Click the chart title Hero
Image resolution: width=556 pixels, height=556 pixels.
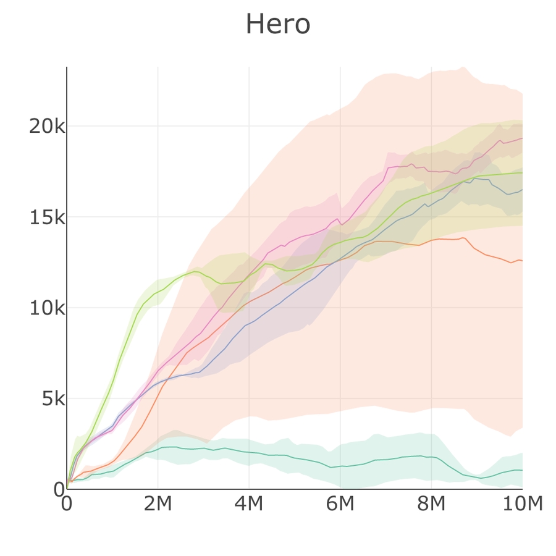(277, 25)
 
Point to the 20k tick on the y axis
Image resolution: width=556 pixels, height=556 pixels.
(46, 127)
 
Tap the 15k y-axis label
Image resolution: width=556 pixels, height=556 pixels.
(46, 217)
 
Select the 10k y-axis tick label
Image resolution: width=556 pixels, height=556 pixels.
(46, 308)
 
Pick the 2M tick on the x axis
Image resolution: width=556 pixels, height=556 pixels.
(158, 504)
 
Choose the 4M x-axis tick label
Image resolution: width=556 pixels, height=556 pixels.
(249, 504)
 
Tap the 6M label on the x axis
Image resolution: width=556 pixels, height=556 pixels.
(340, 504)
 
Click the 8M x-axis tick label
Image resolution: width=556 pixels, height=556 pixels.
(431, 504)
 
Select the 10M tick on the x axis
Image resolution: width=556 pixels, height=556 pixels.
(522, 504)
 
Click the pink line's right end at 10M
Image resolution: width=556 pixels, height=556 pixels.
(522, 138)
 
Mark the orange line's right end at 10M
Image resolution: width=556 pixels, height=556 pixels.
(522, 261)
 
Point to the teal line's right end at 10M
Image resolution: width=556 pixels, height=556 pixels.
(522, 470)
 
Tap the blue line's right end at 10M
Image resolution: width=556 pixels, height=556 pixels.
(522, 190)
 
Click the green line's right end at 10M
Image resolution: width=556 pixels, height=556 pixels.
(522, 173)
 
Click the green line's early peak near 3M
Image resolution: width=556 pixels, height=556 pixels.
(196, 271)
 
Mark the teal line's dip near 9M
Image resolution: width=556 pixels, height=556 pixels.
(481, 478)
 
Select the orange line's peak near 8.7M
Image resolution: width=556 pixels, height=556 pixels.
(462, 238)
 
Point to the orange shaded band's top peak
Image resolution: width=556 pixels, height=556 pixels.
(462, 67)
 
